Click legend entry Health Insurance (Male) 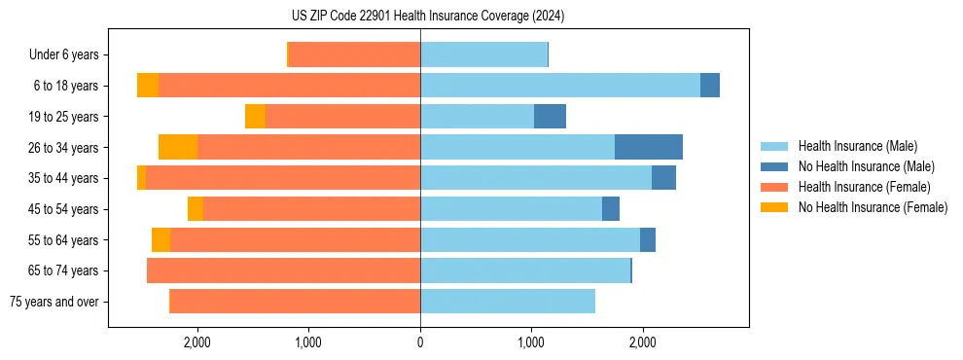point(857,146)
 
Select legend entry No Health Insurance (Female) point(873,207)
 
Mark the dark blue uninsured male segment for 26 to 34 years point(649,147)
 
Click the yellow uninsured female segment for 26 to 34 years point(178,147)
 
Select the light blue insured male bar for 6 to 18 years point(560,86)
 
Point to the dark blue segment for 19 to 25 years point(550,117)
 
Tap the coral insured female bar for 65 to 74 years point(283,270)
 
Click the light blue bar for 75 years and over point(508,302)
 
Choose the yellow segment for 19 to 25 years point(255,117)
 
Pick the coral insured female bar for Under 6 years point(354,54)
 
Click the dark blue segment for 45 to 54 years point(611,209)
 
